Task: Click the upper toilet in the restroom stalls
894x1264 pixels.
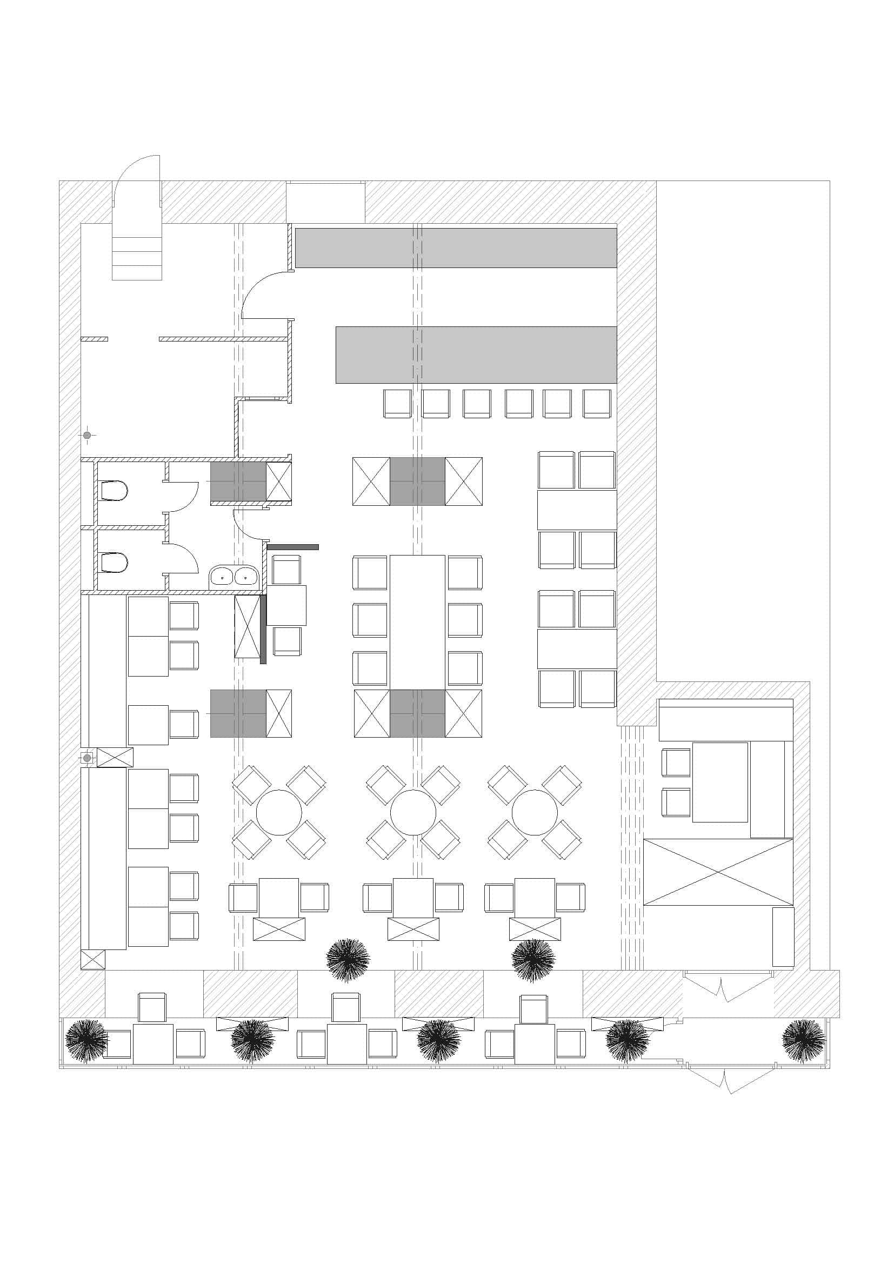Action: coord(114,490)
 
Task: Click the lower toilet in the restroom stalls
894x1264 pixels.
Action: coord(114,563)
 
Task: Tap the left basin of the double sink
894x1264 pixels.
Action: coord(222,577)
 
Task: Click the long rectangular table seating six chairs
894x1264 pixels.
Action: coord(417,621)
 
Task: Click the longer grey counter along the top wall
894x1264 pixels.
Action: coord(456,248)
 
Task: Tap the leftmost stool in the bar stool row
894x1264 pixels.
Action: coord(397,404)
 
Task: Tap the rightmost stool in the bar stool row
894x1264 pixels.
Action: coord(597,404)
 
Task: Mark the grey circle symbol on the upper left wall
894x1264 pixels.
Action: coord(87,436)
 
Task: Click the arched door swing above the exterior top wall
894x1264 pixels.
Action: coord(138,179)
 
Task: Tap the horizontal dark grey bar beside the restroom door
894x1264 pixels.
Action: coord(293,547)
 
